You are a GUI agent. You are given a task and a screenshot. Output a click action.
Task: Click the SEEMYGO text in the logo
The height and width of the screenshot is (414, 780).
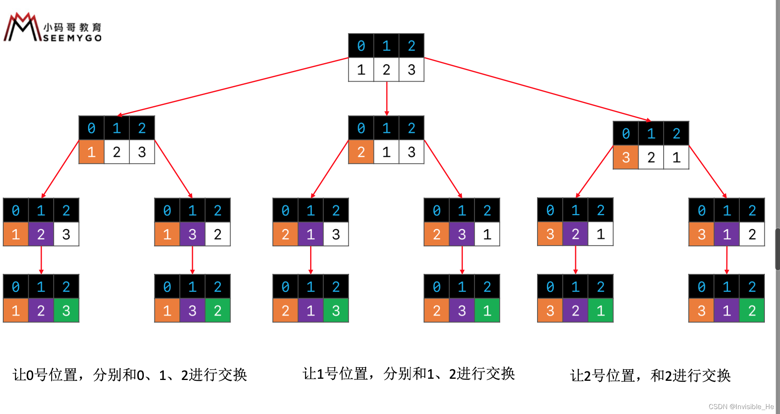(72, 38)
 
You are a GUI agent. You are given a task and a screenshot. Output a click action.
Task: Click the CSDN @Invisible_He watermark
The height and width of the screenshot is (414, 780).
(741, 407)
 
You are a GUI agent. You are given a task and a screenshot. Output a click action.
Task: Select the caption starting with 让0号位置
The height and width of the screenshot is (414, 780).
(130, 375)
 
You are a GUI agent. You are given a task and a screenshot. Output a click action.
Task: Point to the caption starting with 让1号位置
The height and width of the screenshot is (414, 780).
(408, 373)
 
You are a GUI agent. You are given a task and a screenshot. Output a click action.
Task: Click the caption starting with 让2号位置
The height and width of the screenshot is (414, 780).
(650, 375)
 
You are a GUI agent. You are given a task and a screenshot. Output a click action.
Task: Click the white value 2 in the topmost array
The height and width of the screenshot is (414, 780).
(386, 70)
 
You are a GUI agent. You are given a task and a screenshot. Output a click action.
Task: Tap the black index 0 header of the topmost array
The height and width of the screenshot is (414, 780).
(361, 46)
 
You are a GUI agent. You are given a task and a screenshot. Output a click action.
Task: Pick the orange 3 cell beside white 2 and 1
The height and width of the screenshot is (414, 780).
(626, 157)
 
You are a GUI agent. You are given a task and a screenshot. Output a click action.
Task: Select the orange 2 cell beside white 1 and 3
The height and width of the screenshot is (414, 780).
(361, 152)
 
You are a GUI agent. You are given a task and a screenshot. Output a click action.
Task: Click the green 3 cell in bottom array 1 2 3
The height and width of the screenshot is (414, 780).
(66, 311)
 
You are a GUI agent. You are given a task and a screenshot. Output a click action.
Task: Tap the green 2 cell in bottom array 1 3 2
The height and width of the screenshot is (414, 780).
(218, 311)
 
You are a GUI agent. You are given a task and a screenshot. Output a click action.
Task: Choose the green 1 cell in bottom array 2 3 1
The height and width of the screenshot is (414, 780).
(487, 311)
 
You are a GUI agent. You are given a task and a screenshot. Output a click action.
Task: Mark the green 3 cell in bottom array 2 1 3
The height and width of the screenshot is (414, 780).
(336, 311)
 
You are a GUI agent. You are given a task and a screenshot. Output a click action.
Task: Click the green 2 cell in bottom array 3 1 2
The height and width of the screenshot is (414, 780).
(752, 311)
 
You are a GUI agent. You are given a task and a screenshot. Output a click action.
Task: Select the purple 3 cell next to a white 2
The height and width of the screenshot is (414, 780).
(192, 234)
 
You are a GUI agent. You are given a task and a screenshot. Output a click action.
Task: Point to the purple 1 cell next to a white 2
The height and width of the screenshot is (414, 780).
(727, 234)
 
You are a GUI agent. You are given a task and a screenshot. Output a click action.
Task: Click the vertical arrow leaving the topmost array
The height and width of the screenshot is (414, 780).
(387, 98)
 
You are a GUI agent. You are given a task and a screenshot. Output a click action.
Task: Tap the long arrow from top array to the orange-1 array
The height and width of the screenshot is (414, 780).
(234, 86)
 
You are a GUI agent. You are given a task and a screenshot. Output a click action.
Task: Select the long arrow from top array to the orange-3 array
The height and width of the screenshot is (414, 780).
(537, 89)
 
